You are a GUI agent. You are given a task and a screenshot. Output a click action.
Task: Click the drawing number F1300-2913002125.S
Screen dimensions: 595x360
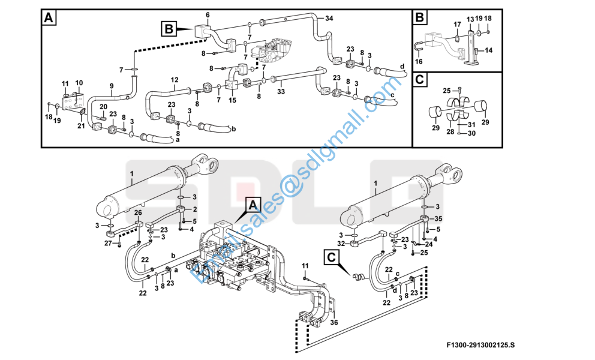[x=480, y=345]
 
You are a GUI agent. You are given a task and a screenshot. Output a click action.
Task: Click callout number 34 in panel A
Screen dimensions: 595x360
[x=329, y=18]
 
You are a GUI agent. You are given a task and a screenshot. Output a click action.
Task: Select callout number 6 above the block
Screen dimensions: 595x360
[x=208, y=15]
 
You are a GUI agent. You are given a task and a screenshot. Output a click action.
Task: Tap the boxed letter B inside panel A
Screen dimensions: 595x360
[x=169, y=29]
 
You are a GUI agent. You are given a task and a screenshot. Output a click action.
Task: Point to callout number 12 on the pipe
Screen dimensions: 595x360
[x=175, y=80]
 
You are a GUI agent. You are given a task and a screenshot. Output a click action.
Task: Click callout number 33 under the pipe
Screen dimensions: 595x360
[x=281, y=92]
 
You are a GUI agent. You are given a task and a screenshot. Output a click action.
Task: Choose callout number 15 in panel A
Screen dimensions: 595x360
[x=232, y=100]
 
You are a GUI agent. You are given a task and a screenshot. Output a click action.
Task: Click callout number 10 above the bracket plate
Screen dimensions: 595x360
[x=79, y=83]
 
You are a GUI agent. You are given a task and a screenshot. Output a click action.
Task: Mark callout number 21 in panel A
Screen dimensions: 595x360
[x=81, y=126]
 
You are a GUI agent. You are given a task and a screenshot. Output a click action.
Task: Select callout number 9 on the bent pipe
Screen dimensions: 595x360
[x=112, y=86]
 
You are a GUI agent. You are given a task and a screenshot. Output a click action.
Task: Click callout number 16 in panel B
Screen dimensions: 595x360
[x=419, y=61]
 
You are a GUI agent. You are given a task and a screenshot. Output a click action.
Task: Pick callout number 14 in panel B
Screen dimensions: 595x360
[x=488, y=50]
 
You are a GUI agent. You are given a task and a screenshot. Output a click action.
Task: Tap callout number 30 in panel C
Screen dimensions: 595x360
[x=471, y=133]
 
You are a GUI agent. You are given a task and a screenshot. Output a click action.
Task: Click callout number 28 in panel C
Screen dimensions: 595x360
[x=450, y=131]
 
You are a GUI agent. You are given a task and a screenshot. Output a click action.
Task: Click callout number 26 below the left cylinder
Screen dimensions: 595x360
[x=138, y=212]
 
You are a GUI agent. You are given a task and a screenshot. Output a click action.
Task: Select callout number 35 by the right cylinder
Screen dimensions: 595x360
[x=438, y=219]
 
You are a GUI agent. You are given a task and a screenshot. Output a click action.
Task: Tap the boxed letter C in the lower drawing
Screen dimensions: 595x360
[x=331, y=257]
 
